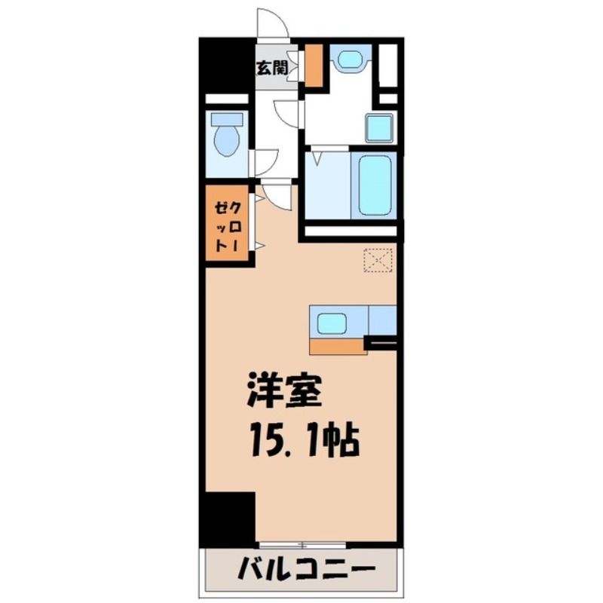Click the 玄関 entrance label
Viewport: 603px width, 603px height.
[x=272, y=68]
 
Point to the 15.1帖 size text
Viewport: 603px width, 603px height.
[x=305, y=440]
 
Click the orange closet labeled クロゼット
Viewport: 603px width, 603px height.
[x=228, y=223]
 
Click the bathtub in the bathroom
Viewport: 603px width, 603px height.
[x=375, y=186]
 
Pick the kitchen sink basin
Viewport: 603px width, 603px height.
[x=332, y=323]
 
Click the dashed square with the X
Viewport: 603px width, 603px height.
[x=378, y=260]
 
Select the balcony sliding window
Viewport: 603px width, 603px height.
[x=303, y=545]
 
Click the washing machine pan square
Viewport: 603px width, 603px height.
[x=380, y=128]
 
